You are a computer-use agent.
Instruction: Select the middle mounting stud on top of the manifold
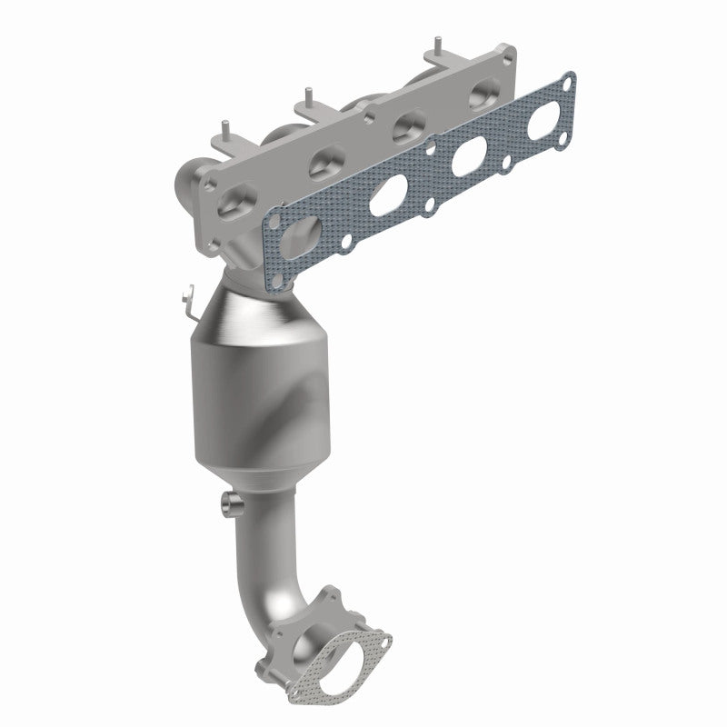coord(310,93)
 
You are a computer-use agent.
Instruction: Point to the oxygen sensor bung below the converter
coord(229,502)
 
